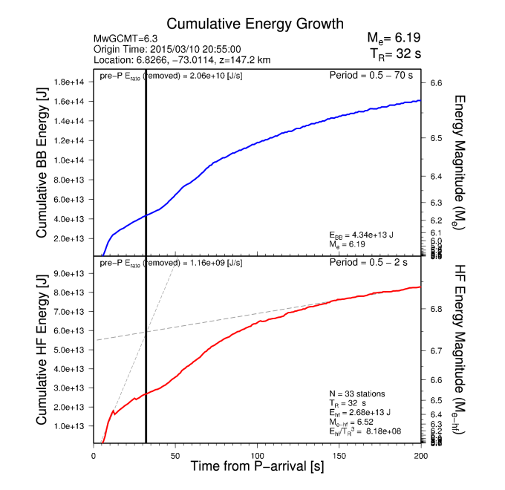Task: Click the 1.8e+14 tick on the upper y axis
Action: (71, 82)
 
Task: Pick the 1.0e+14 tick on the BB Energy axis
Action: (71, 160)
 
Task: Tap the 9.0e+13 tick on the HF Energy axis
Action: (71, 273)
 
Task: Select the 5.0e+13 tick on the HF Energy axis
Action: (71, 350)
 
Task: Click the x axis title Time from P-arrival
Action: (257, 467)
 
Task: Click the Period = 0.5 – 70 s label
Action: (374, 76)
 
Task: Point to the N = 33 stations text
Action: (357, 393)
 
